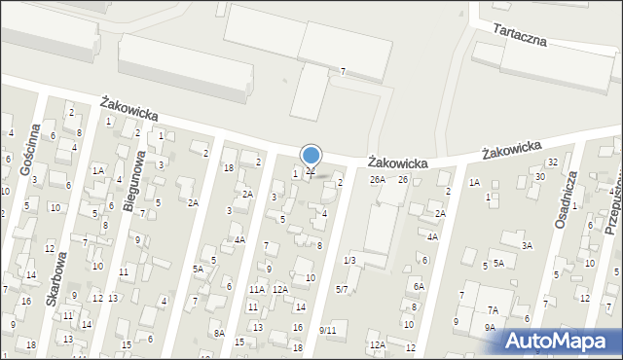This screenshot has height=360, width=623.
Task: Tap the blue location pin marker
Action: click(x=311, y=156)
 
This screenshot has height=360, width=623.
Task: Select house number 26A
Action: click(x=377, y=180)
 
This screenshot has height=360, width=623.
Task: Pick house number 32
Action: click(x=552, y=162)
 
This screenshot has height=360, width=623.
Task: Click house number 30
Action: click(x=539, y=177)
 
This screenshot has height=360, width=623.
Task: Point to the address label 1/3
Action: click(x=349, y=260)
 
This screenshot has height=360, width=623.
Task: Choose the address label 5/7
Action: click(x=342, y=289)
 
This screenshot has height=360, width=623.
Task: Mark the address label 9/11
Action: click(x=327, y=331)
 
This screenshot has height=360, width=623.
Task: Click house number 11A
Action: click(x=256, y=289)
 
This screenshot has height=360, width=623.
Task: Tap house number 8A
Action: click(x=220, y=334)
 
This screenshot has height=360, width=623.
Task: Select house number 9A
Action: click(x=490, y=328)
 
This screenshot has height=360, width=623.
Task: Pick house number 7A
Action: click(x=493, y=309)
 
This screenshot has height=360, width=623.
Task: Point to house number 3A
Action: click(x=527, y=246)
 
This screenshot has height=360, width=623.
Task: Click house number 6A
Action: click(x=419, y=286)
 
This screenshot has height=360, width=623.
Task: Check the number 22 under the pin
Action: click(x=311, y=172)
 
